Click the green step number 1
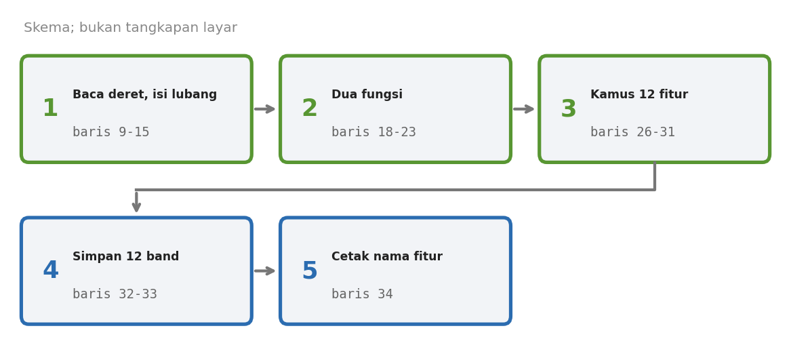coord(50,108)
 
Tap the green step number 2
coord(309,108)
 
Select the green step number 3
coord(569,109)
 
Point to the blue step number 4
coord(50,271)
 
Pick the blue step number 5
coord(310,271)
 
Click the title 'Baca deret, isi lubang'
coord(145,95)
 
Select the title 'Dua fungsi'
coord(367,95)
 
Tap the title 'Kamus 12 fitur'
coord(639,95)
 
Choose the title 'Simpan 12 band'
coord(125,256)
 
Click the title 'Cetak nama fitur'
coord(387,256)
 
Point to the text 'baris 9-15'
coord(111,132)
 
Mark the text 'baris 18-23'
coord(373,132)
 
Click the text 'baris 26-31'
coord(632,132)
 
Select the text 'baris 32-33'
coord(115,294)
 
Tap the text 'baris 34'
coord(362,294)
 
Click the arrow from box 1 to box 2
coord(265,109)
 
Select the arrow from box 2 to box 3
coord(524,109)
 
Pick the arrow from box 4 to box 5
coord(265,271)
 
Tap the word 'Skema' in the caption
coord(47,28)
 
